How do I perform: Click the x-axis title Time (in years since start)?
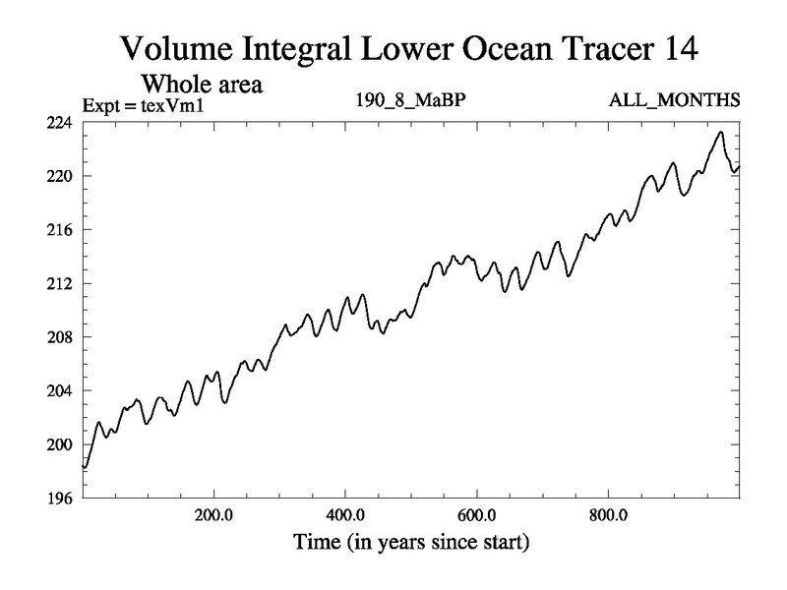click(410, 541)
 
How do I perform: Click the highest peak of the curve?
click(721, 133)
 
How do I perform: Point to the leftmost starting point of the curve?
click(84, 467)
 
